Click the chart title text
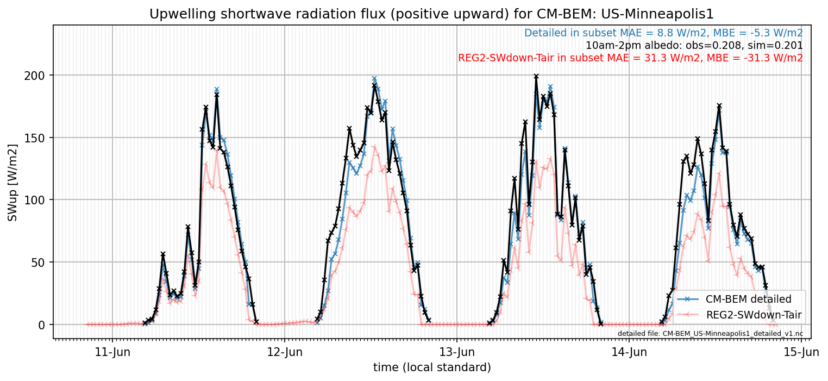(x=431, y=14)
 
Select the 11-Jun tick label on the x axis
(x=113, y=352)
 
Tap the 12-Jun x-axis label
(x=285, y=352)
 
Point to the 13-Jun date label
(x=457, y=352)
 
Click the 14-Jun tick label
(x=629, y=352)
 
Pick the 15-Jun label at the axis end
(x=801, y=352)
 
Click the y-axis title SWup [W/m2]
(x=12, y=183)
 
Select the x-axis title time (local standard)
(x=432, y=367)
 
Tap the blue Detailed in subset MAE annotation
(x=663, y=33)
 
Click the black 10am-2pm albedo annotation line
(x=694, y=46)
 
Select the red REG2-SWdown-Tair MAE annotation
(x=631, y=58)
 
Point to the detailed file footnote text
(x=711, y=334)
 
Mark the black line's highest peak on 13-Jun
(x=536, y=76)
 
